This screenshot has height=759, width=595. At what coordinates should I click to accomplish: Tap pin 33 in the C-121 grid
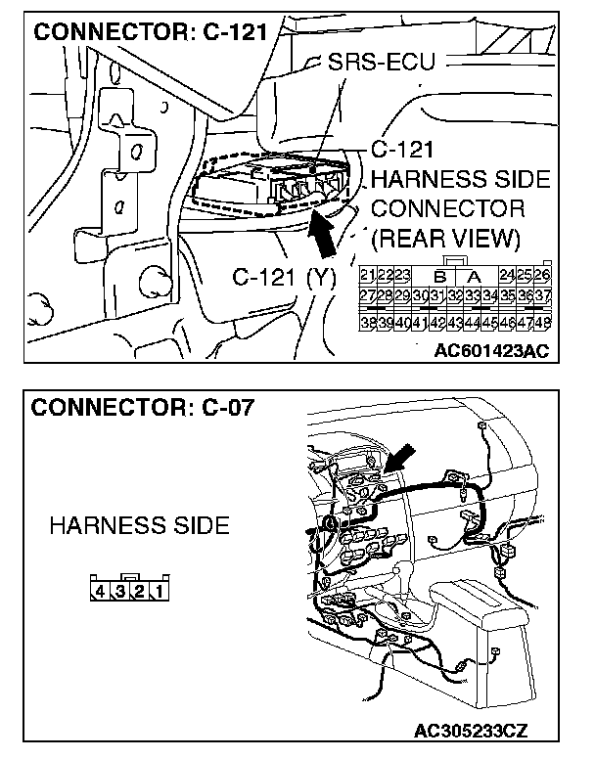click(475, 296)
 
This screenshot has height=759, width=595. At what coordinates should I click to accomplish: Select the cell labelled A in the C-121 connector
click(473, 276)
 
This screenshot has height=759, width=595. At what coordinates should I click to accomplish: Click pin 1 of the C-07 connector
click(157, 591)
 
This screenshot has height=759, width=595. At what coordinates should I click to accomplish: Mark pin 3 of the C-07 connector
click(119, 591)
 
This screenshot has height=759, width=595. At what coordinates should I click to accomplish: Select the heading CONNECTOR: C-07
click(143, 407)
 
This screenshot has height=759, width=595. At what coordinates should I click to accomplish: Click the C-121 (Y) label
click(284, 277)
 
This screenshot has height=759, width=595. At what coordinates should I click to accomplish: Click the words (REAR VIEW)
click(446, 239)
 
